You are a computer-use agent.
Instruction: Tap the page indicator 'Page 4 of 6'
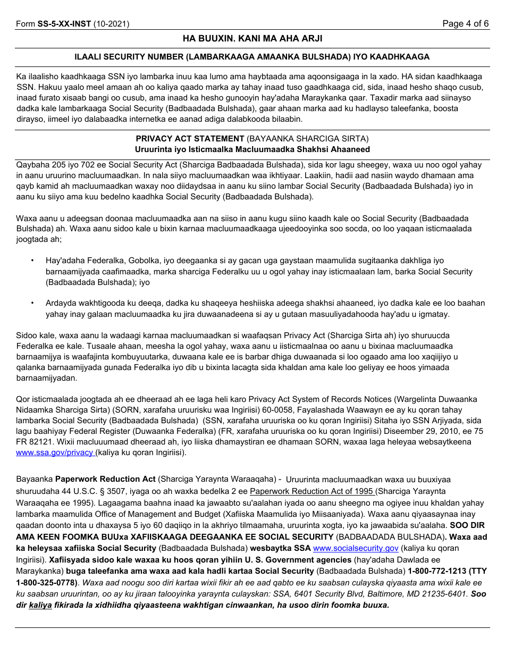(x=466, y=24)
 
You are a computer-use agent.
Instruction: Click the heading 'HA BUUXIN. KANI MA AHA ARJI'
(x=252, y=38)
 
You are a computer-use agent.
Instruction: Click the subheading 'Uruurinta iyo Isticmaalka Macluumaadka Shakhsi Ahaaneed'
(x=252, y=149)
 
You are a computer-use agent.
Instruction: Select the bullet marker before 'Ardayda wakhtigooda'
(x=32, y=303)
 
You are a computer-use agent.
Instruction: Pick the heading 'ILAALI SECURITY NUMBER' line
(x=252, y=57)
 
